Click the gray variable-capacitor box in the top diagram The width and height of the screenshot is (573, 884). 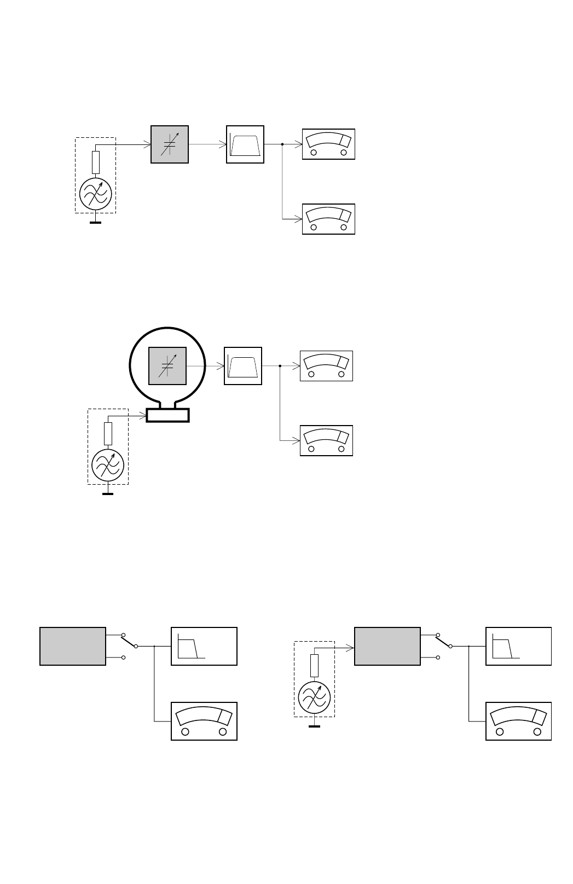170,144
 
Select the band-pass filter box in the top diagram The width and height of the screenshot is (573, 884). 245,144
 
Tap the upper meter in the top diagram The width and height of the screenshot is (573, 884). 328,144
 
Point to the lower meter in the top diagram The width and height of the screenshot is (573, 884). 328,219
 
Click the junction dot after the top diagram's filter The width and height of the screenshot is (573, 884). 282,144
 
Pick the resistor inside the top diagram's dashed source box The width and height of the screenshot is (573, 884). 96,162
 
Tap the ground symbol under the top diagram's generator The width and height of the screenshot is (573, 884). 96,222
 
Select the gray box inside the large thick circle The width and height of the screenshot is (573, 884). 167,366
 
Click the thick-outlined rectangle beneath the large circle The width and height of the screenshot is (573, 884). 167,415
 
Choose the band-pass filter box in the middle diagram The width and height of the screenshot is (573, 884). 243,366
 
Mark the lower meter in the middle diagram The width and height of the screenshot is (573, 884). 326,440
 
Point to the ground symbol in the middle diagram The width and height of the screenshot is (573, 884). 108,493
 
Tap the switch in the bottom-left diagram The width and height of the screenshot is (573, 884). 130,641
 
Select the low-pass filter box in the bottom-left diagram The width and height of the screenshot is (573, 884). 204,646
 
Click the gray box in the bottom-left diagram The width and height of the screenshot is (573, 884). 73,646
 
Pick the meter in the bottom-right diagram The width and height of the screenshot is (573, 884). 518,721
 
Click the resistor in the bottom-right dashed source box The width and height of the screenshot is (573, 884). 314,666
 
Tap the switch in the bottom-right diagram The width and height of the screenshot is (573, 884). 444,641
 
